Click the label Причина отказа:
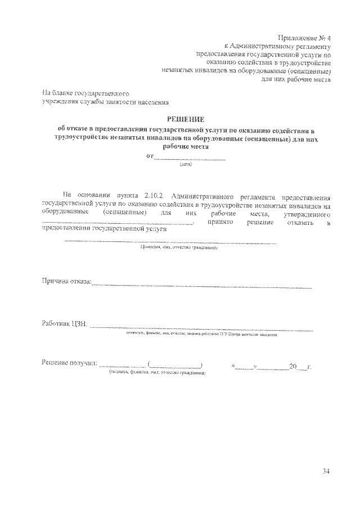(66, 282)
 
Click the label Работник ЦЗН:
(64, 324)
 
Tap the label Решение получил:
(69, 367)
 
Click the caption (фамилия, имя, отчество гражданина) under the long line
(178, 247)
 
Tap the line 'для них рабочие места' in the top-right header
(296, 79)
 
